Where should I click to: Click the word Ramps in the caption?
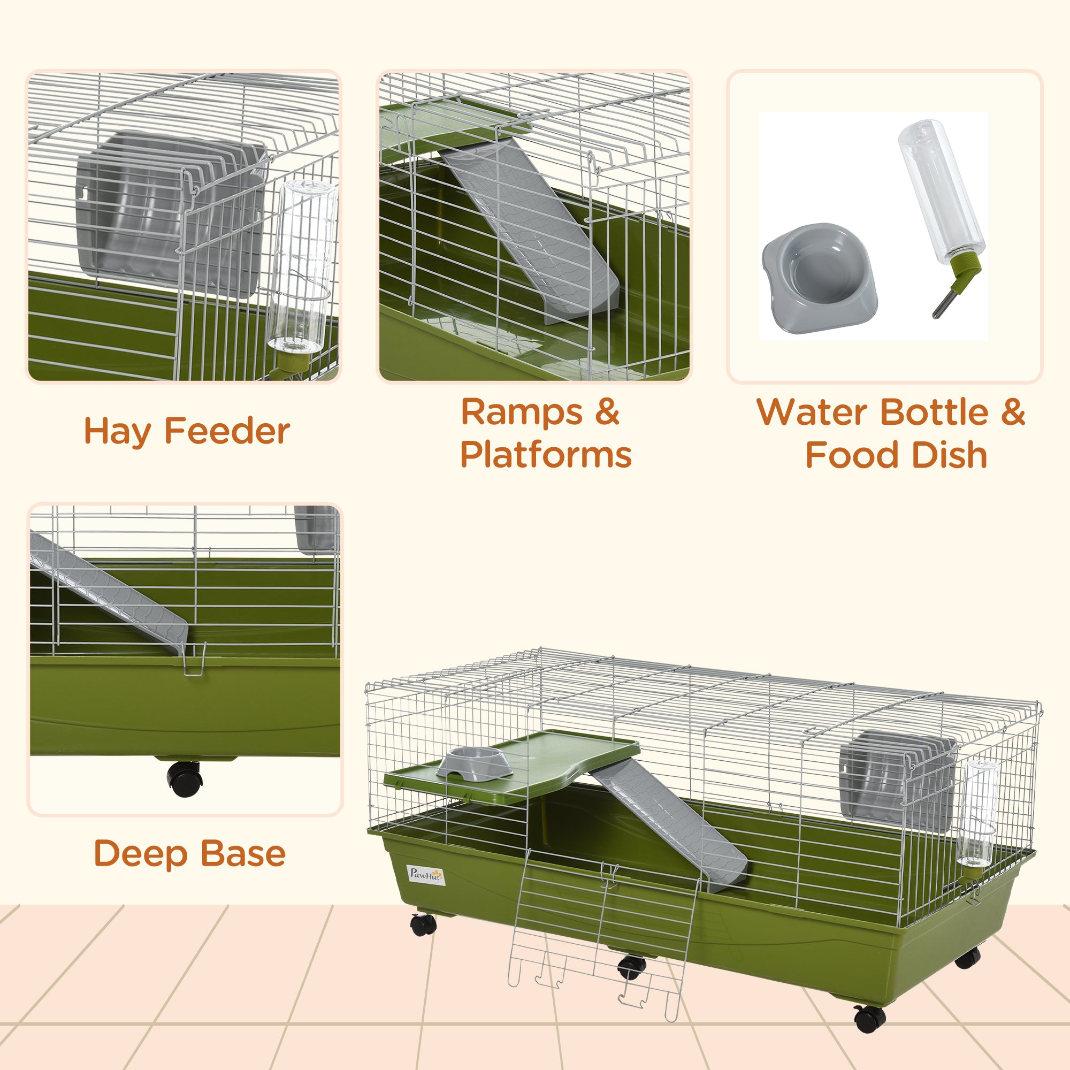point(522,412)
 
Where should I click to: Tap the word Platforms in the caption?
point(546,455)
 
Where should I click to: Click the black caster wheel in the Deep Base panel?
point(184,778)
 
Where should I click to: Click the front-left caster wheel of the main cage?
point(424,924)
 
